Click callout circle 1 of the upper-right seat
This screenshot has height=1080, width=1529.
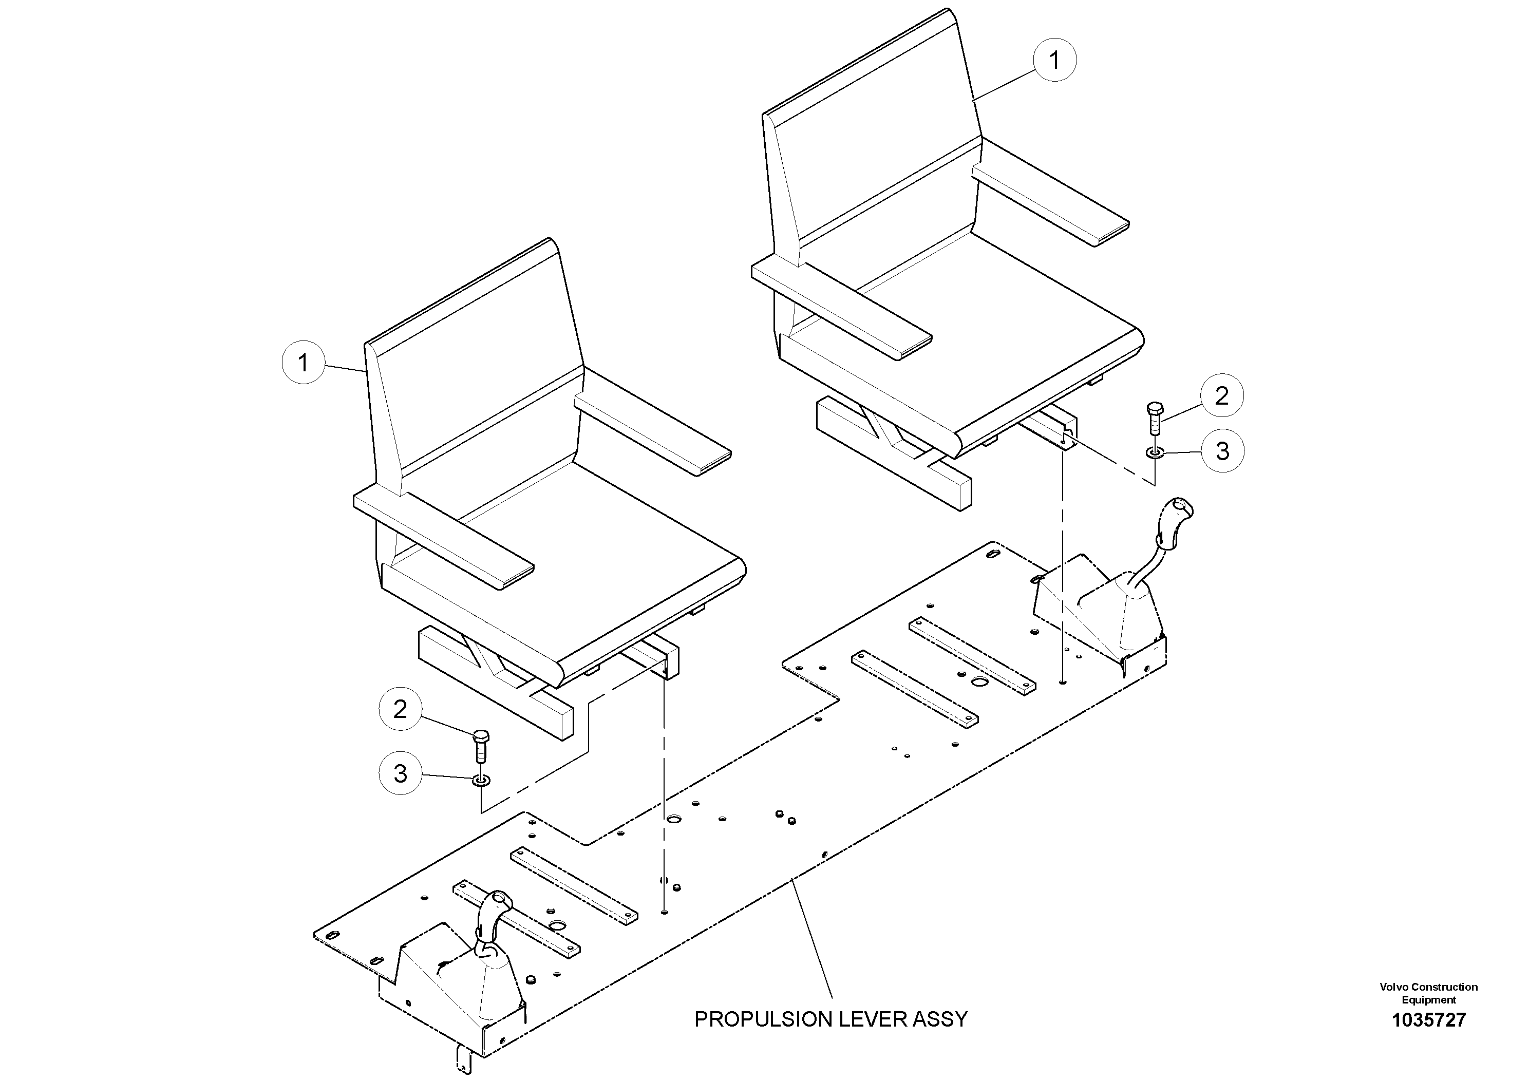click(x=1054, y=60)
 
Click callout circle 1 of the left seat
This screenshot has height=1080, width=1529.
click(x=303, y=363)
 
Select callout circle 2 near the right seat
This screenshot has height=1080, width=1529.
click(x=1221, y=396)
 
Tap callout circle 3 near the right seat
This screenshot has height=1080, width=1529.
click(x=1222, y=451)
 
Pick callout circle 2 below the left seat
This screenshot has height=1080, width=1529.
click(x=400, y=709)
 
